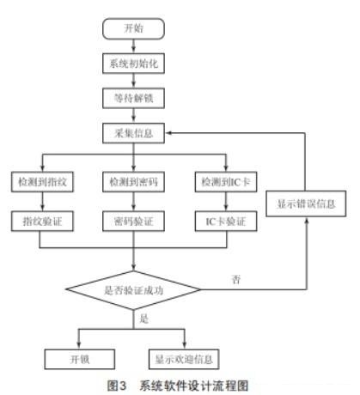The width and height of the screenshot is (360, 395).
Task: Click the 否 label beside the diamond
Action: pos(236,280)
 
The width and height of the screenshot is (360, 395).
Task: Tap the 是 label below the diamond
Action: pos(143,319)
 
